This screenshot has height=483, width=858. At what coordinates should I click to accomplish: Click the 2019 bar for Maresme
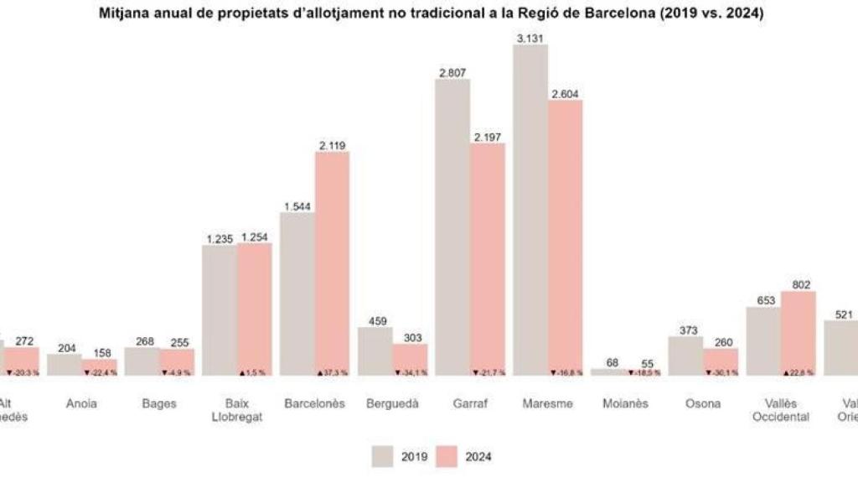tap(530, 210)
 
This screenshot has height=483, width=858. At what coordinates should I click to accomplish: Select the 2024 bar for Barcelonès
tap(332, 263)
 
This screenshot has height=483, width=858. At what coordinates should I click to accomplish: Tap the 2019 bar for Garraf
tap(452, 226)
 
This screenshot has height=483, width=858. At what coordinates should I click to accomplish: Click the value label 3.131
tap(530, 39)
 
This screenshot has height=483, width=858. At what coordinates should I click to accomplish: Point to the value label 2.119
tap(332, 146)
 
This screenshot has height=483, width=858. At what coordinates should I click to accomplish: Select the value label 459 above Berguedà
tap(375, 320)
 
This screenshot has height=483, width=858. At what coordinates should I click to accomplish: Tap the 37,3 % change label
tap(333, 371)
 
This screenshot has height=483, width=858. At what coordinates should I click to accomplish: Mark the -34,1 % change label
tap(411, 371)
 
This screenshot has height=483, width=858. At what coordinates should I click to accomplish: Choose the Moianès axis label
tap(625, 403)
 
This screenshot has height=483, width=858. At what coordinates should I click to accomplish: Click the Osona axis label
tap(703, 403)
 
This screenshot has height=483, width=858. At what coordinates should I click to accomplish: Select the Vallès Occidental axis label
tap(781, 410)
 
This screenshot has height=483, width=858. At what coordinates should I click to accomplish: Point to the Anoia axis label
tap(81, 403)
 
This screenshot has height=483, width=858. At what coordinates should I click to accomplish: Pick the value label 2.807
tap(452, 73)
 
